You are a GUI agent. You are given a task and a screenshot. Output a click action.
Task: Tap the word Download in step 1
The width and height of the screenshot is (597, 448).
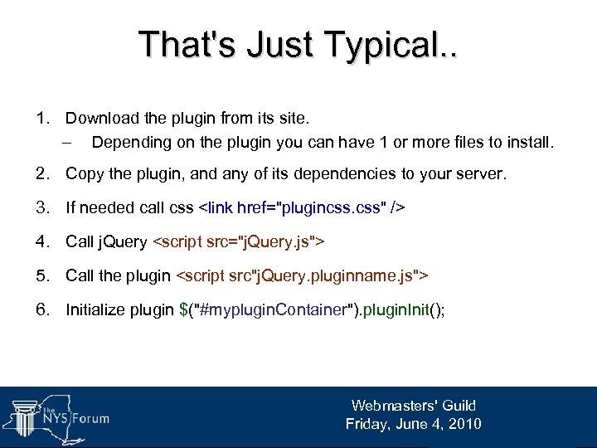(x=101, y=119)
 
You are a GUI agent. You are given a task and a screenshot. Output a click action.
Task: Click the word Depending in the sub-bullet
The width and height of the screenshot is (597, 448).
(x=131, y=143)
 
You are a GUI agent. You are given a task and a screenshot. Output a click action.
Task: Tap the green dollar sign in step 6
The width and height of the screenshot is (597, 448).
(x=184, y=309)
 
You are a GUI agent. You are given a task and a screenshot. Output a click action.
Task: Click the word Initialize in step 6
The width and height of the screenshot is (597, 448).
(x=95, y=309)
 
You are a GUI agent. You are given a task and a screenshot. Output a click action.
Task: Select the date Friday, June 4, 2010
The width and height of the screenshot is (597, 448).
(x=414, y=424)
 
